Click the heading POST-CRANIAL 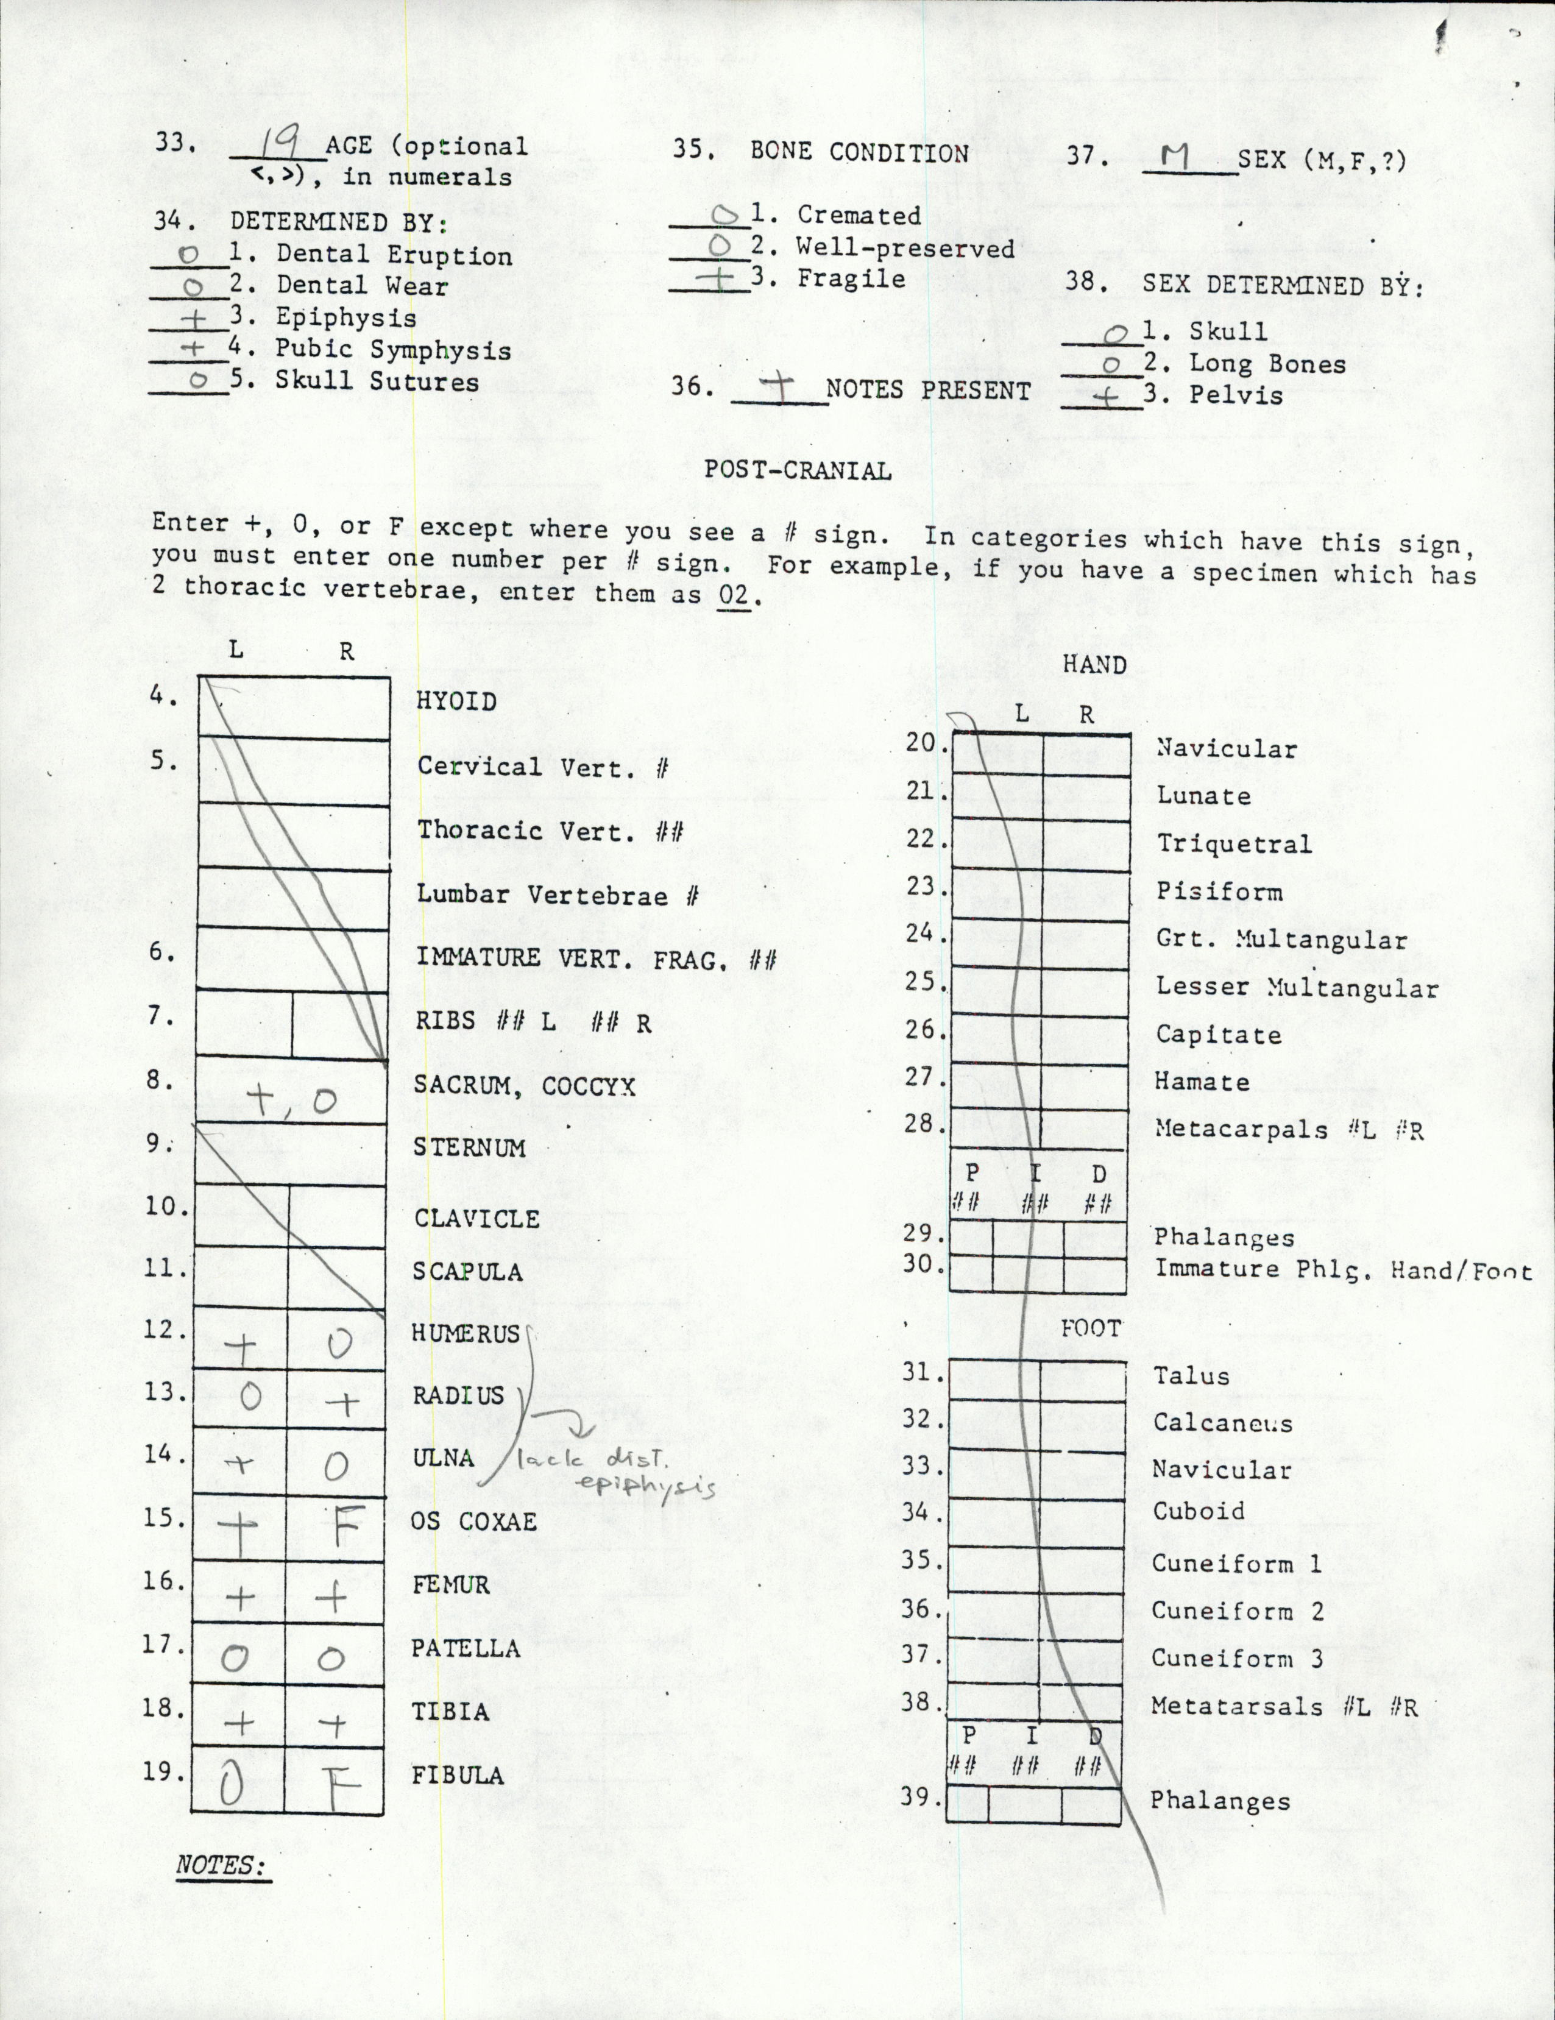tap(798, 470)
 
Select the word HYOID tap(456, 701)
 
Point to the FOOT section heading tap(1091, 1328)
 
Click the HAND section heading tap(1094, 664)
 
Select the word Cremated tap(859, 216)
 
